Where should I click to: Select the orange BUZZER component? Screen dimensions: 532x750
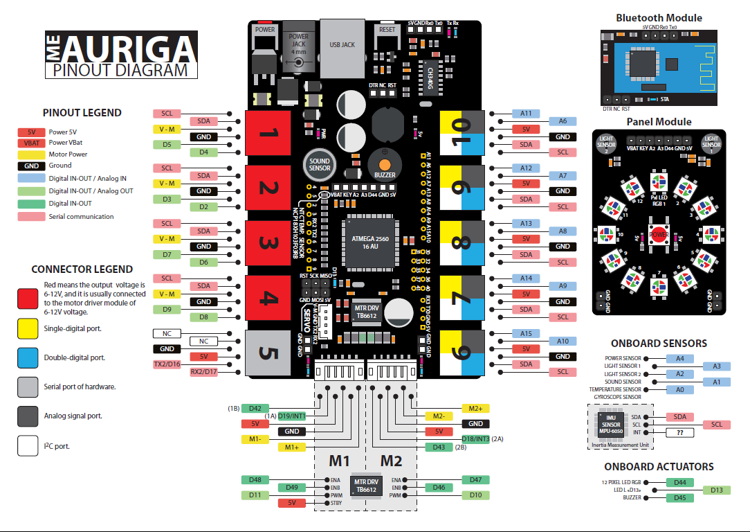click(x=385, y=164)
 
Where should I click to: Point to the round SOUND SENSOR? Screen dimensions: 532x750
click(x=319, y=163)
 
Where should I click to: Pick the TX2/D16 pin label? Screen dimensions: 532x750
click(x=167, y=364)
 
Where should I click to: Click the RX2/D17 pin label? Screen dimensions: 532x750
click(x=203, y=371)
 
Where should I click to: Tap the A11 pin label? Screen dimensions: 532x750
click(x=526, y=113)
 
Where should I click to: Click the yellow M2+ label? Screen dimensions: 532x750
click(x=475, y=409)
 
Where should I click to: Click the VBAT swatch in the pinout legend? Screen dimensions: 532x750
click(x=31, y=143)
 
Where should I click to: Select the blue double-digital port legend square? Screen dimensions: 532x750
click(x=28, y=357)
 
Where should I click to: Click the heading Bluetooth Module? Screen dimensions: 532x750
click(x=659, y=18)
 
